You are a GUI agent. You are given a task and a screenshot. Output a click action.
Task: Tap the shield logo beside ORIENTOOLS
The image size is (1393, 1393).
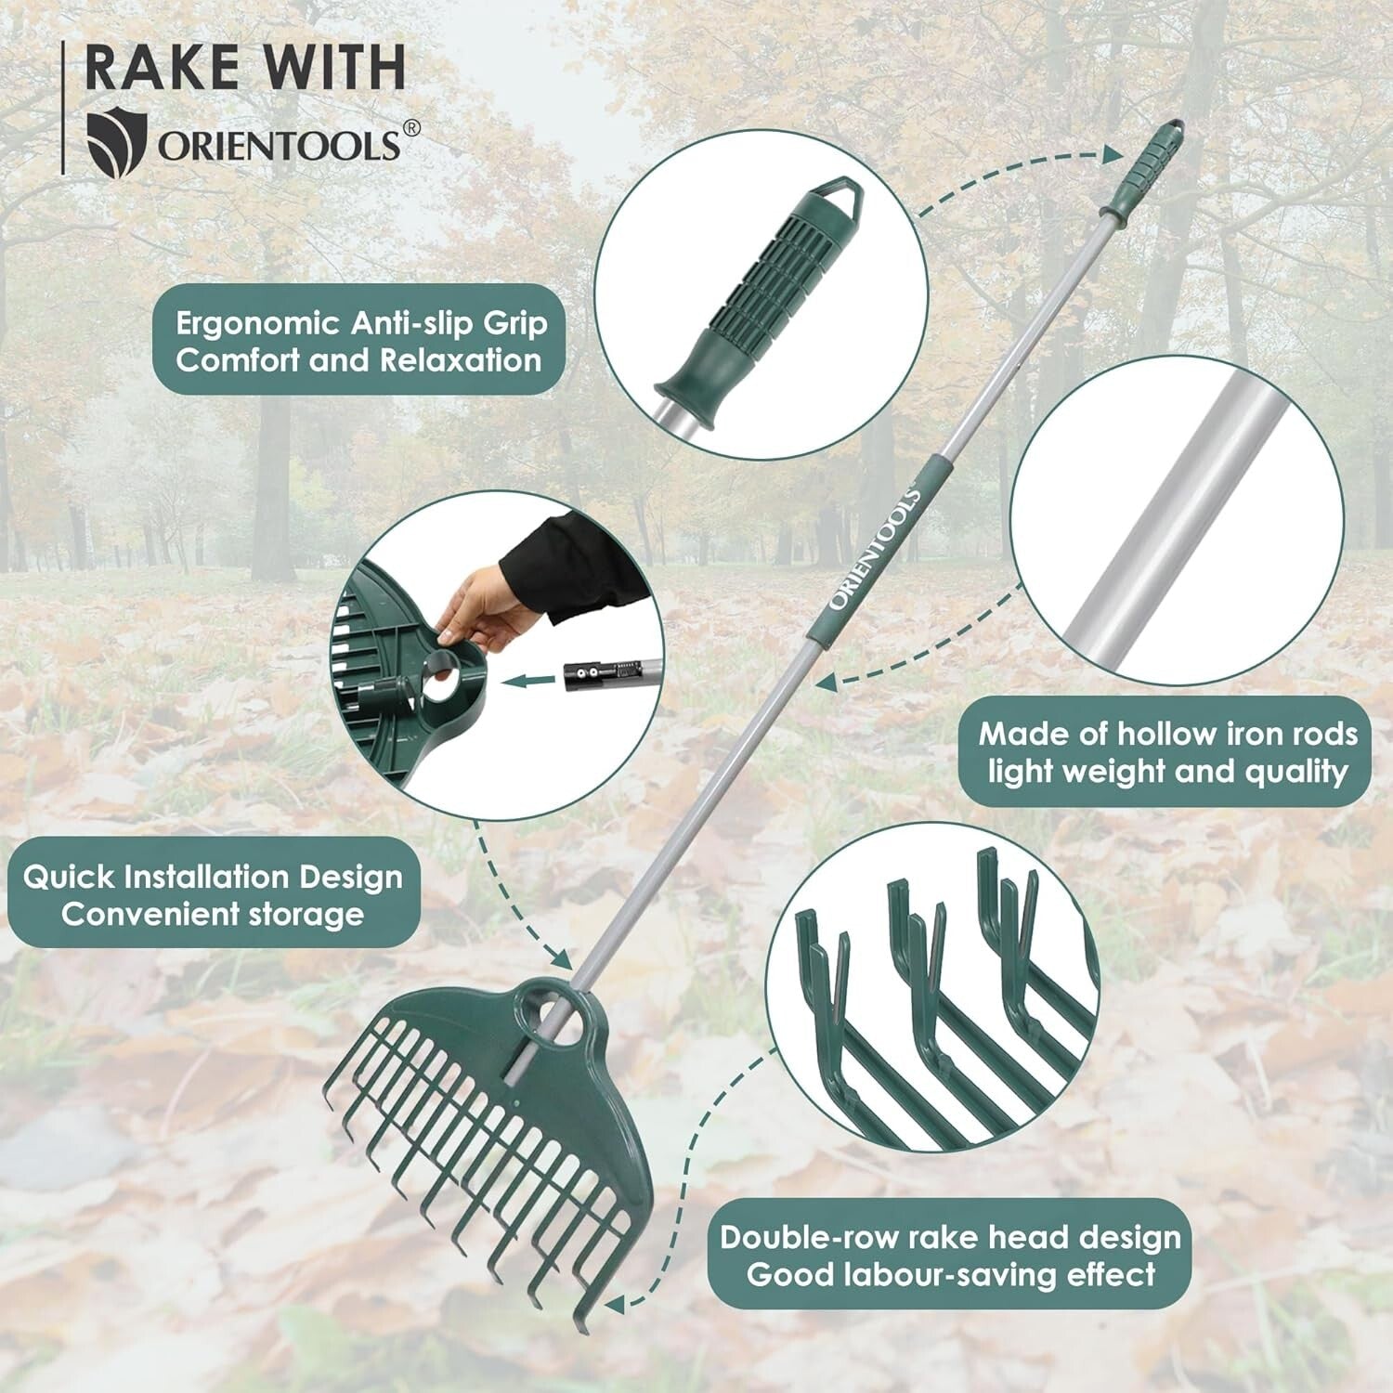pyautogui.click(x=117, y=141)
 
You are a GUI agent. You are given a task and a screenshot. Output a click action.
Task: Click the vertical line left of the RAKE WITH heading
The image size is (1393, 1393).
pyautogui.click(x=63, y=108)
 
